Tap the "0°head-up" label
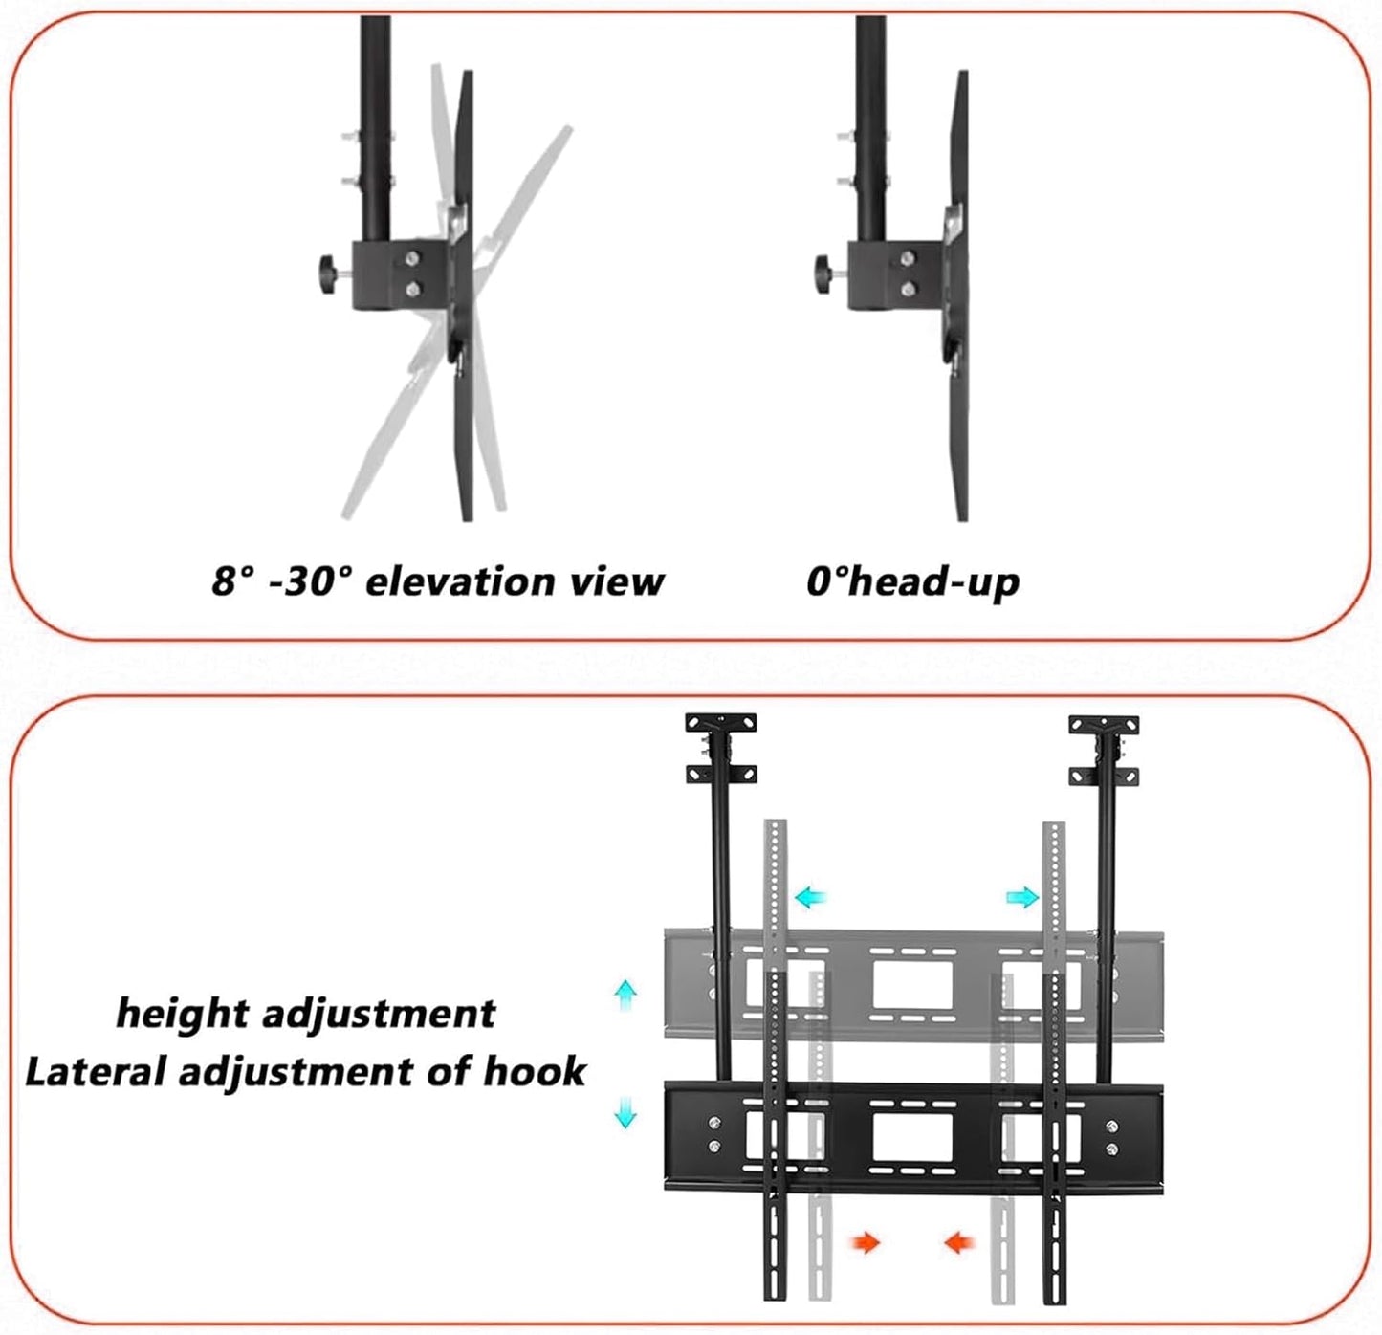click(912, 581)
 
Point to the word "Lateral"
click(94, 1072)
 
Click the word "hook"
click(534, 1072)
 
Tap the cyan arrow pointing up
click(625, 996)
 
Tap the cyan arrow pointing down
click(625, 1112)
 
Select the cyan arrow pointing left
click(811, 897)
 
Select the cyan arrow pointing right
click(1022, 897)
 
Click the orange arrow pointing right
click(866, 1242)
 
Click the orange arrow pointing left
click(959, 1242)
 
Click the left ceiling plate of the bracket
click(720, 723)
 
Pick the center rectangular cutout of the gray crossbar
click(913, 985)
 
